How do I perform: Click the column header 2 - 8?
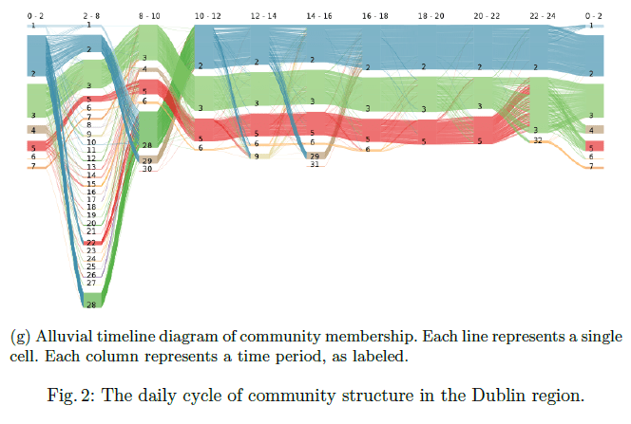click(92, 16)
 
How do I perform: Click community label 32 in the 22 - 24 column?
click(537, 140)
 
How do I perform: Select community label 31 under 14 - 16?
click(315, 164)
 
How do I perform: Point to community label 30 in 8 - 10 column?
click(146, 169)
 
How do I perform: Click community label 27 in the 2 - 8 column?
click(91, 283)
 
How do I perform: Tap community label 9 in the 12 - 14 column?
click(256, 155)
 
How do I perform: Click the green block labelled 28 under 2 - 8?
click(91, 304)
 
